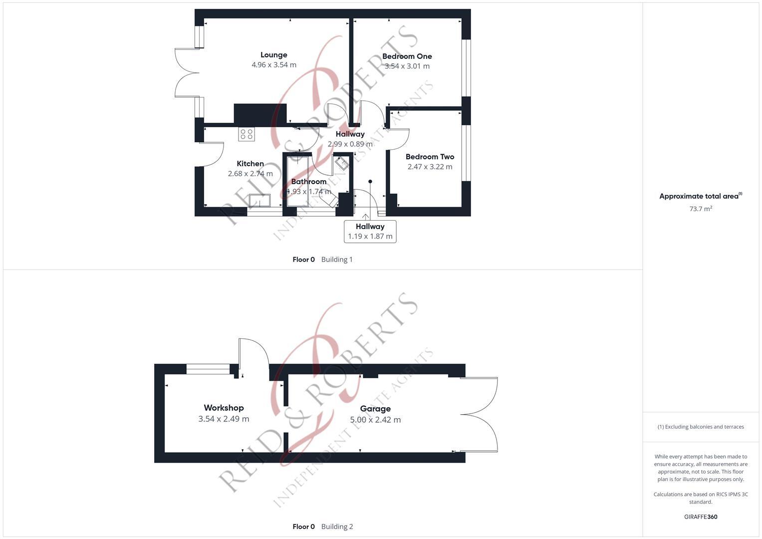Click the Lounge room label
pos(273,55)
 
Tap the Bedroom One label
pos(407,56)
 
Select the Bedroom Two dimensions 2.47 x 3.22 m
pos(430,167)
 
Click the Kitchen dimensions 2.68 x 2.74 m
pos(250,174)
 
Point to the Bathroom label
pos(309,182)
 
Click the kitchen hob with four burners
pos(247,134)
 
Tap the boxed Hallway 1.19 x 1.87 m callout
pos(370,232)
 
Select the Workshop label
pos(224,408)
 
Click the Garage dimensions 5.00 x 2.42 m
pos(375,420)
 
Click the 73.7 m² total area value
pos(701,209)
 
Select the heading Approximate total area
pos(699,196)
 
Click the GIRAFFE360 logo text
pos(701,517)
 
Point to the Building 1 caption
pos(337,260)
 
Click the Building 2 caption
pos(337,527)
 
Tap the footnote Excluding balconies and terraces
pos(701,427)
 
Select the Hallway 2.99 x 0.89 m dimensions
pos(350,144)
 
